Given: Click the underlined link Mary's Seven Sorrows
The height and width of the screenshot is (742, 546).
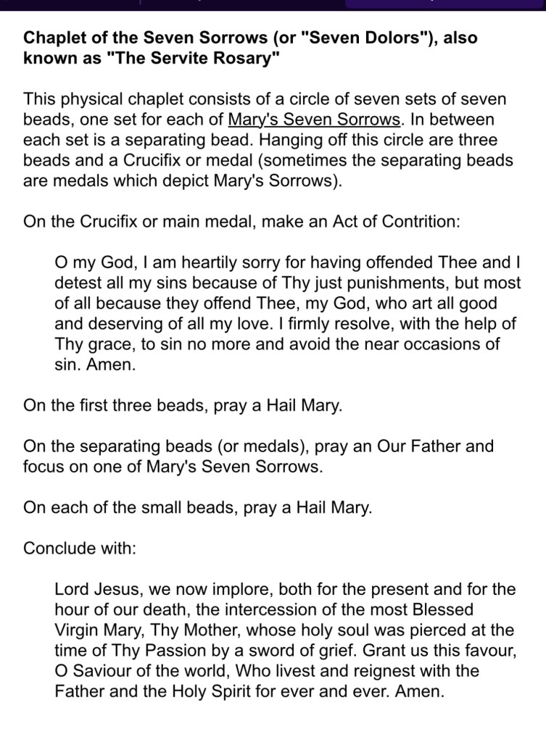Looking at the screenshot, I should (314, 119).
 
